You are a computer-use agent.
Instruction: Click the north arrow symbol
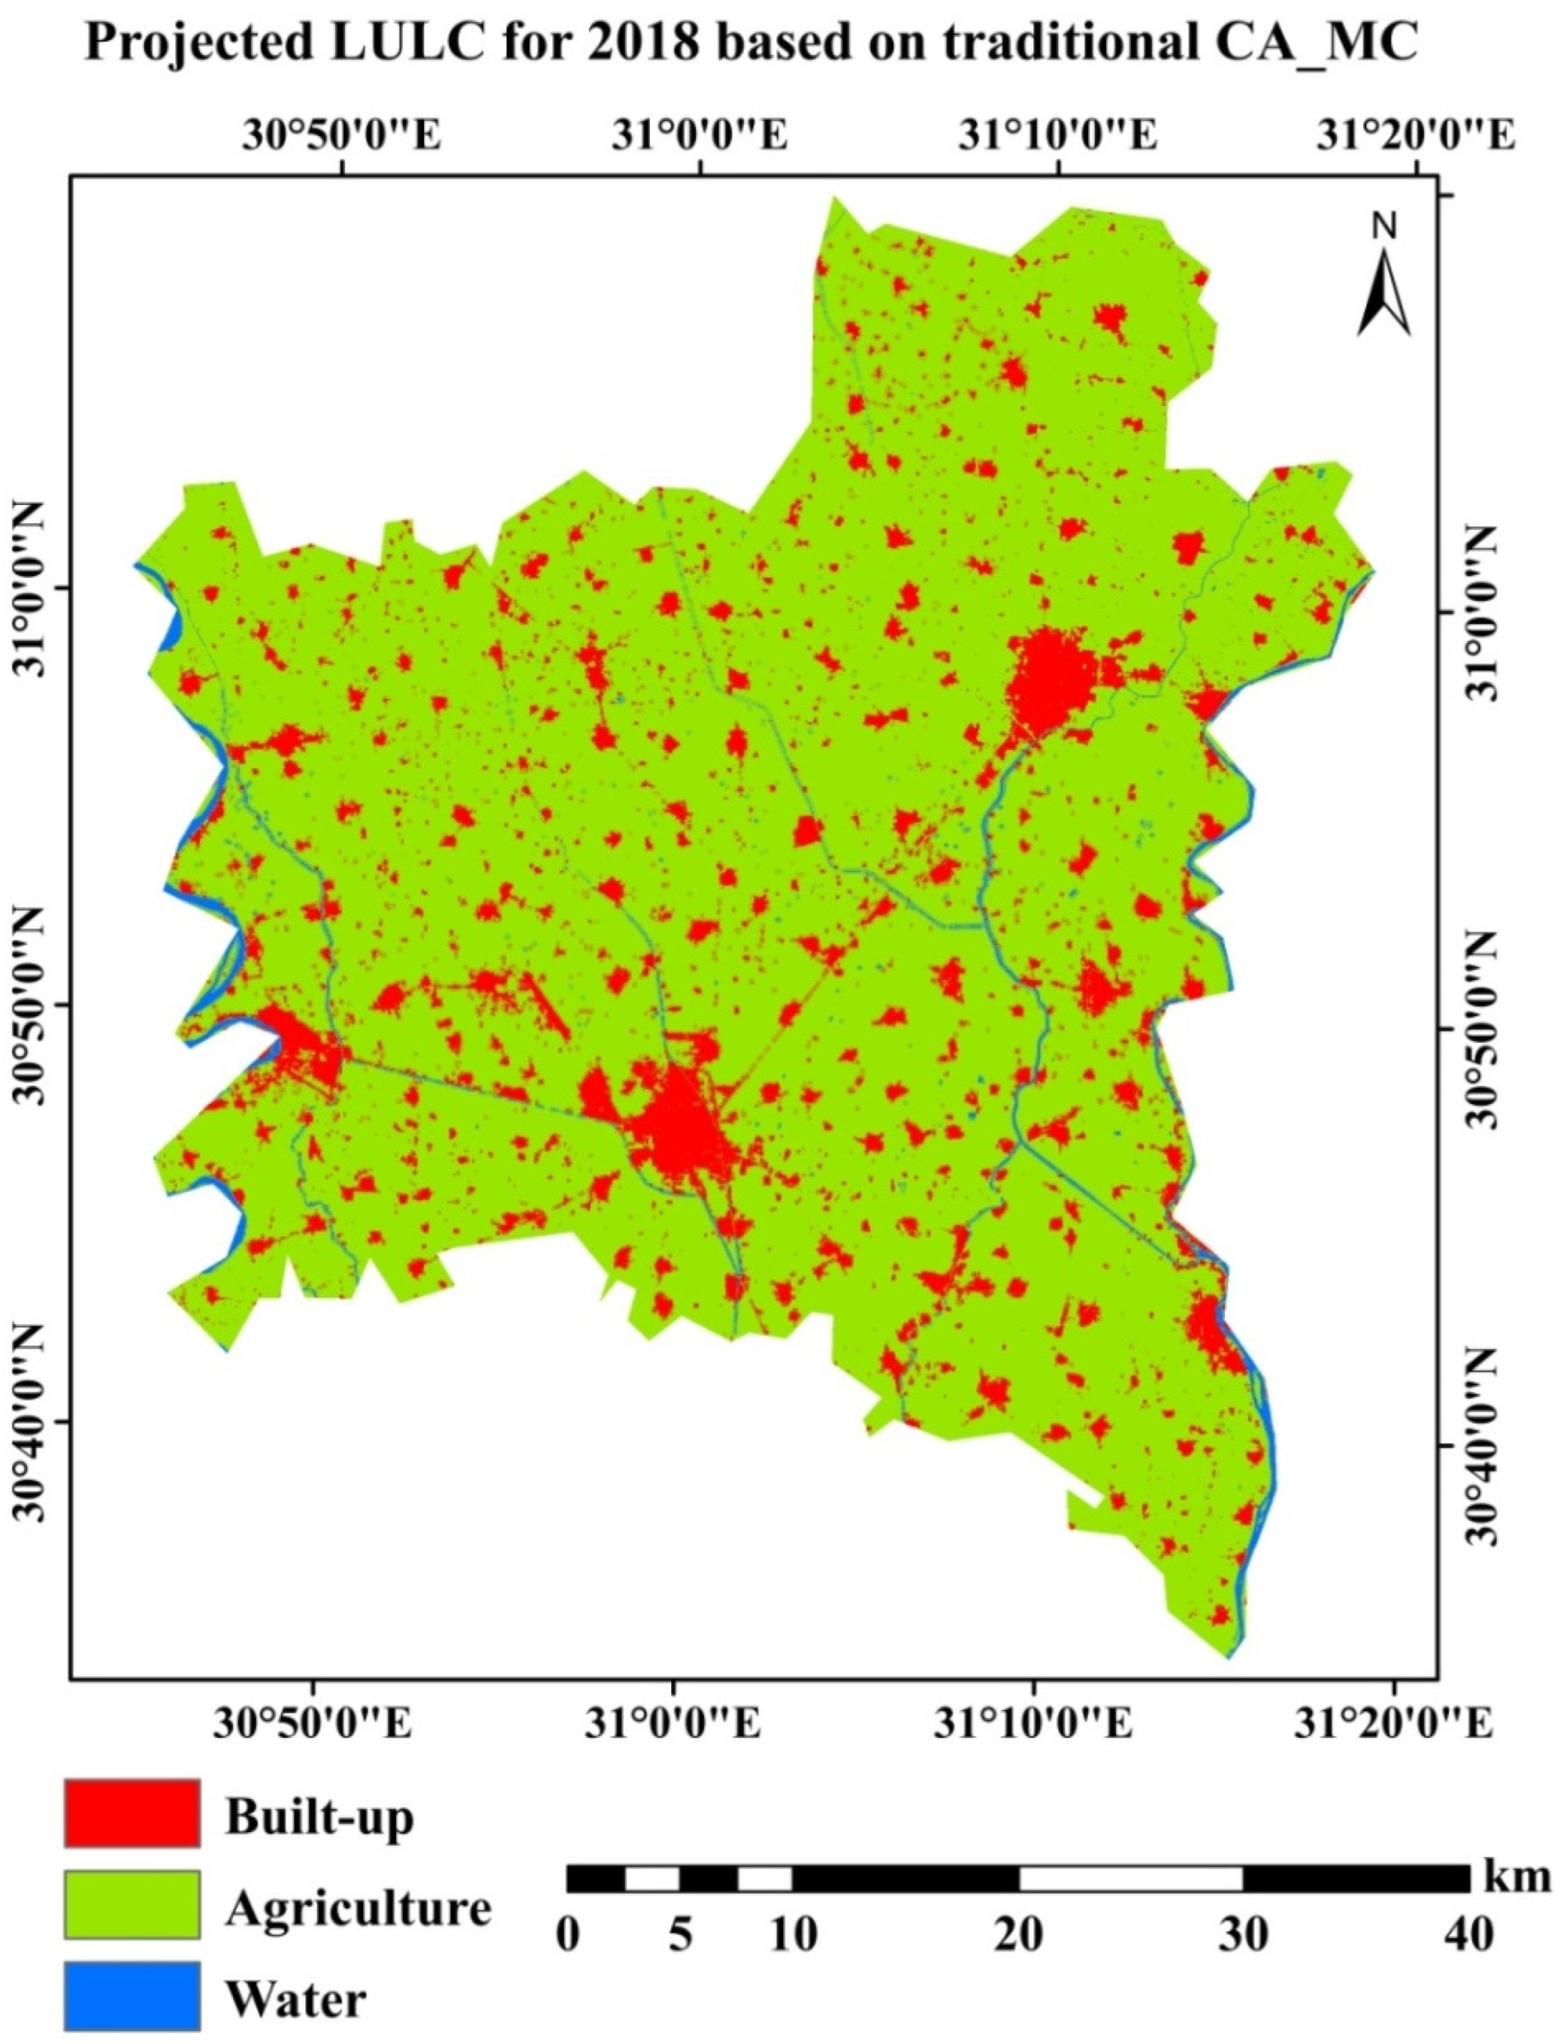click(x=1384, y=278)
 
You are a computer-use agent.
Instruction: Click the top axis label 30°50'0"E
click(x=343, y=134)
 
